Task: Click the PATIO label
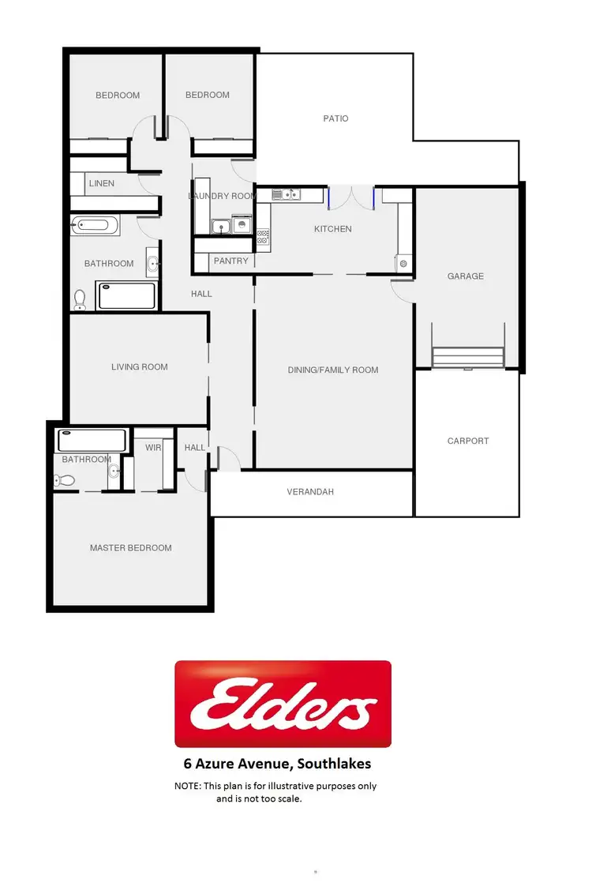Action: [x=335, y=118]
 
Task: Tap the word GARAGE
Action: [x=466, y=276]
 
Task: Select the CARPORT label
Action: [x=468, y=441]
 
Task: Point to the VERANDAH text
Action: [x=310, y=492]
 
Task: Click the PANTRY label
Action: [x=230, y=261]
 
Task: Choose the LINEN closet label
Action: [x=102, y=183]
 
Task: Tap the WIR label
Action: [x=153, y=448]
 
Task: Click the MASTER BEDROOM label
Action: [x=130, y=548]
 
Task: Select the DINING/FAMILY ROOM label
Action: [x=332, y=370]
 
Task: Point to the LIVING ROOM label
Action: [x=139, y=366]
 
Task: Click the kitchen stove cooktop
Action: [x=263, y=235]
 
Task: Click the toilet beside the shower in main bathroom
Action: [x=80, y=299]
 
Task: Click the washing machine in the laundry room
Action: [x=243, y=227]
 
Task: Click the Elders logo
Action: [x=283, y=704]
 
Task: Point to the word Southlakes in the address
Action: [x=332, y=764]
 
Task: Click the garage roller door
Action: [x=468, y=358]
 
